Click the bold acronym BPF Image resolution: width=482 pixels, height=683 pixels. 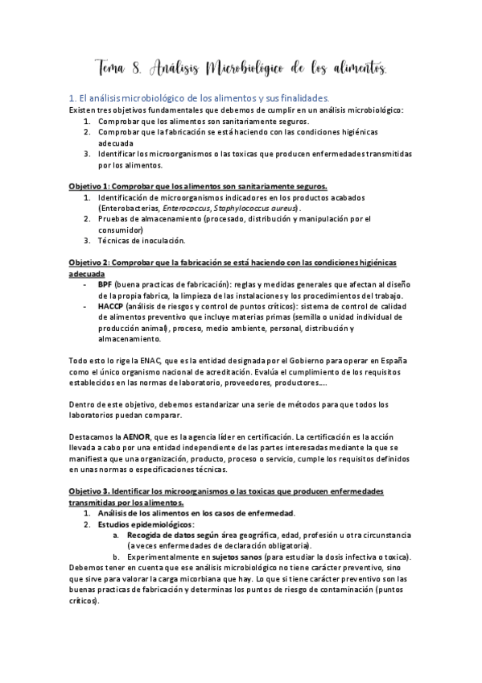pos(105,284)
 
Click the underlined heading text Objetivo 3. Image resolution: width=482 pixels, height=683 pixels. pos(91,491)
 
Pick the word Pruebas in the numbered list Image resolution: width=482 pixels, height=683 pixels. pos(113,218)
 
